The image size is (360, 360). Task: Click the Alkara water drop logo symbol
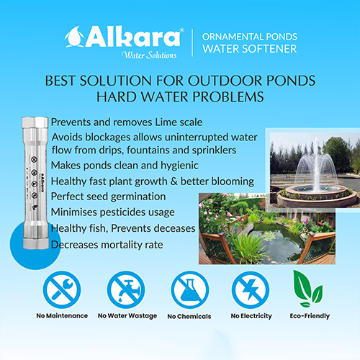pyautogui.click(x=74, y=37)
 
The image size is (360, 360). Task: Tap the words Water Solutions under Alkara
pyautogui.click(x=149, y=55)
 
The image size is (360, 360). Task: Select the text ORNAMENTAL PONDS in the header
pyautogui.click(x=250, y=37)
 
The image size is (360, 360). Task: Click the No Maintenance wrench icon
pyautogui.click(x=62, y=289)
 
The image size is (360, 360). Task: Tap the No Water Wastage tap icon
pyautogui.click(x=126, y=289)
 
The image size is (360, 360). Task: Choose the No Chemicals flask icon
pyautogui.click(x=190, y=290)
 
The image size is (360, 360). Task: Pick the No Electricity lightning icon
pyautogui.click(x=251, y=290)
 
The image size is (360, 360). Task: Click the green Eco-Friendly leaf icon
pyautogui.click(x=307, y=289)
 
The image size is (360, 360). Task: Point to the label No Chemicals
pyautogui.click(x=189, y=316)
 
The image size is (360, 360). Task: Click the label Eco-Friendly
pyautogui.click(x=310, y=316)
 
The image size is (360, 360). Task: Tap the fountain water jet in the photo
pyautogui.click(x=318, y=166)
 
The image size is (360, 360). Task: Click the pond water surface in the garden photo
pyautogui.click(x=276, y=243)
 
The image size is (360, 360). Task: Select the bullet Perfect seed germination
pyautogui.click(x=108, y=197)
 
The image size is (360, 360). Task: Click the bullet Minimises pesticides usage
pyautogui.click(x=113, y=212)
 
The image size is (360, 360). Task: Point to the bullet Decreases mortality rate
pyautogui.click(x=107, y=245)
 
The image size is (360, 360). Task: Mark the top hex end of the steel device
pyautogui.click(x=35, y=122)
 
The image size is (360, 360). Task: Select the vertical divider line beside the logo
pyautogui.click(x=192, y=43)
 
